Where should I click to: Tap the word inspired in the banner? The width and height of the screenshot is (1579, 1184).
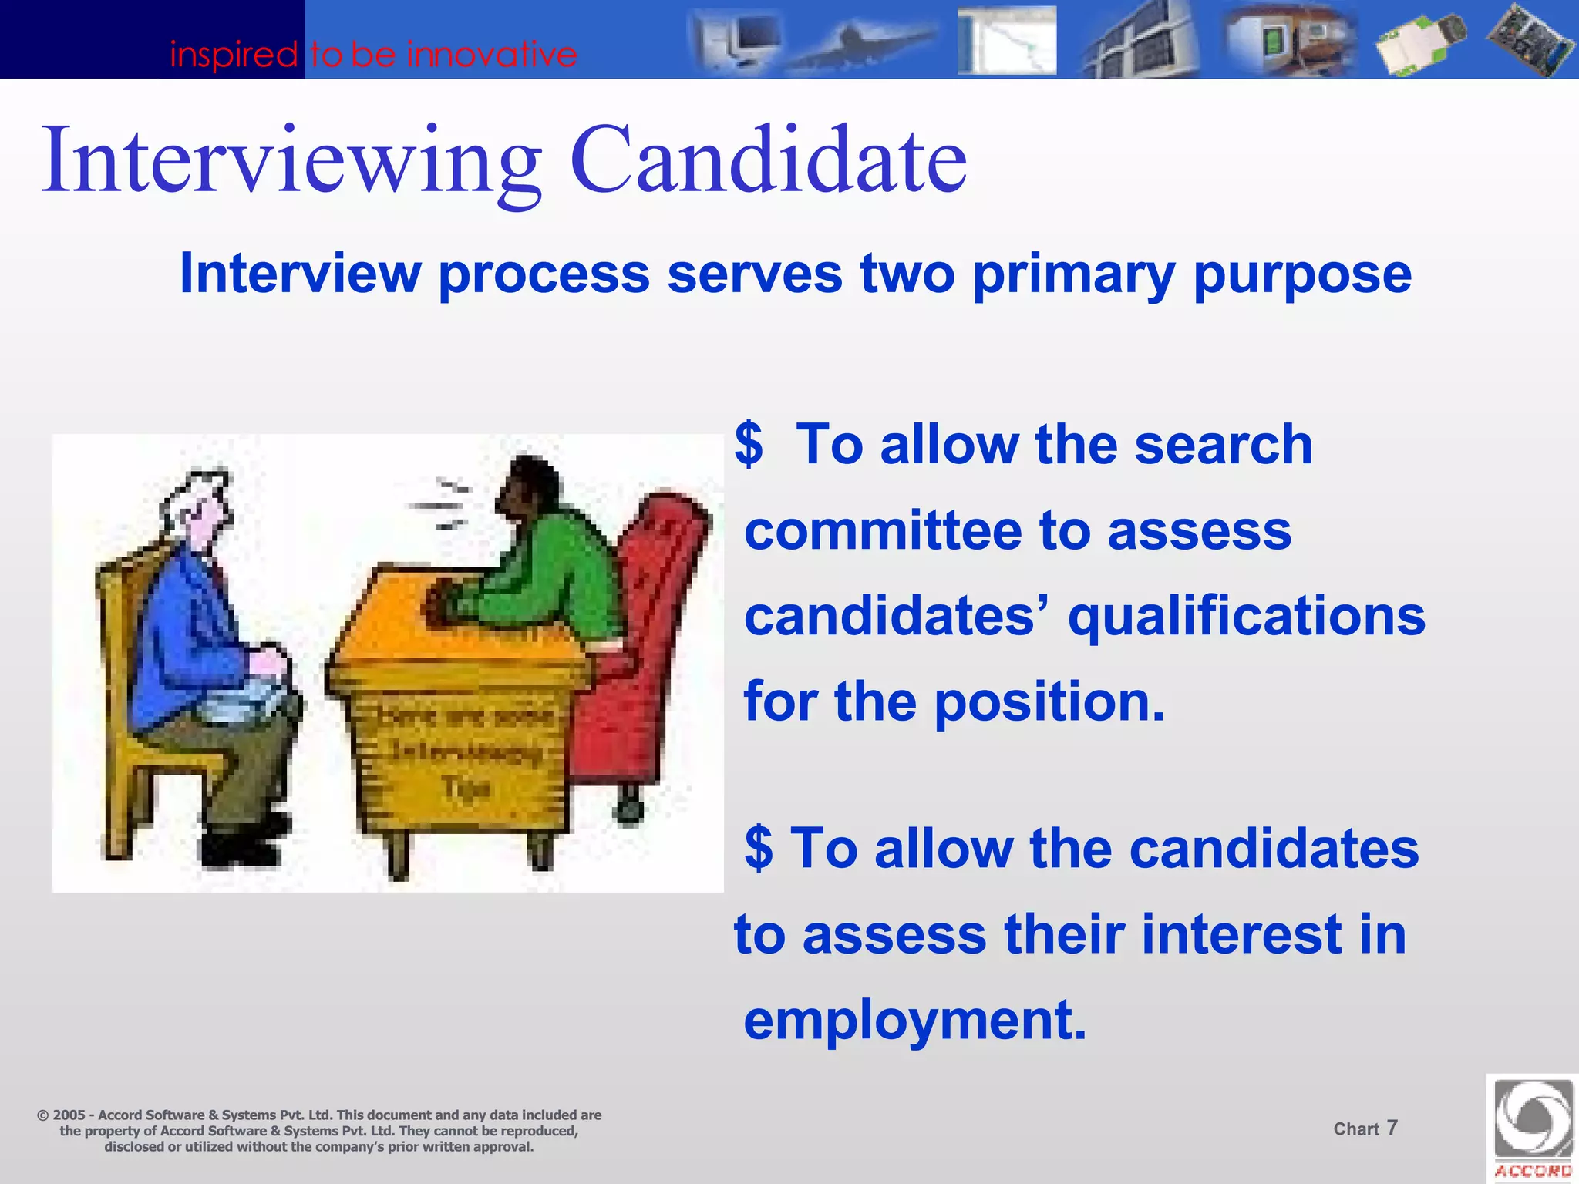click(233, 55)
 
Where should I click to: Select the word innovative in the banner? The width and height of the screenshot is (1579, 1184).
click(492, 55)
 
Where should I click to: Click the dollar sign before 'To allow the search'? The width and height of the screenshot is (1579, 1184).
click(749, 445)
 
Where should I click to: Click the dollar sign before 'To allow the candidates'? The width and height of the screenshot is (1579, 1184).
click(759, 848)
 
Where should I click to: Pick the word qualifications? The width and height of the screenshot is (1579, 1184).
click(1246, 617)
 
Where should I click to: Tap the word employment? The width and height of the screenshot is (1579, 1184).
click(914, 1020)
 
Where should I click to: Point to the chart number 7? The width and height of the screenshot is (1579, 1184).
click(1392, 1128)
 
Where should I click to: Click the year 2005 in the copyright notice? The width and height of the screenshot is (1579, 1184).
click(69, 1115)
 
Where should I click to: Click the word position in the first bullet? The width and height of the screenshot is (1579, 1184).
click(1049, 702)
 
